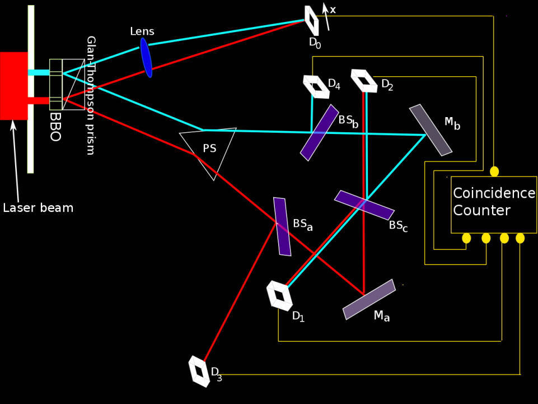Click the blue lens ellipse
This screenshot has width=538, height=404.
click(146, 57)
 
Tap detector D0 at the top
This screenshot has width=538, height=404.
click(312, 20)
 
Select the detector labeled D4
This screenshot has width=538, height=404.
click(316, 86)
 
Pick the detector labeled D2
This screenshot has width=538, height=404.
click(364, 80)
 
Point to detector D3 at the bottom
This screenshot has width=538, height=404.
click(199, 370)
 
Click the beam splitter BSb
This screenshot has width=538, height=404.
click(319, 132)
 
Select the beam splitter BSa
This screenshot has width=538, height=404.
click(282, 226)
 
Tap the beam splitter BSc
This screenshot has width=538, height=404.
click(364, 205)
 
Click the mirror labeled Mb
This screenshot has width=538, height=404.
click(431, 130)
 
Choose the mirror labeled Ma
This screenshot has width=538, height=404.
click(369, 299)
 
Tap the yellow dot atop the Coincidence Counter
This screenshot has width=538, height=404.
click(494, 171)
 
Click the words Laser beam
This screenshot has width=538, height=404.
click(38, 208)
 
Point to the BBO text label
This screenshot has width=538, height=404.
click(55, 127)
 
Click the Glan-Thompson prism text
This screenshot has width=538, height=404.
click(90, 95)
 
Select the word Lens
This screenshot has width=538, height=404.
click(142, 31)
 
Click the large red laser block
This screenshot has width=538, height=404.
click(13, 85)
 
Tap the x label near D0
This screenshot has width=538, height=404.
click(333, 10)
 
